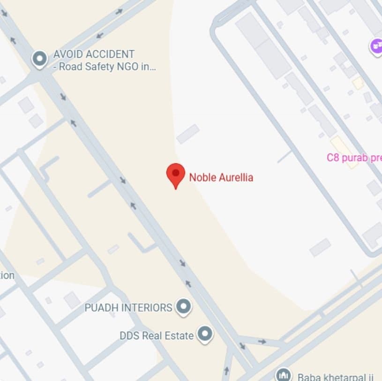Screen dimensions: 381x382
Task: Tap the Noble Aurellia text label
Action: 221,177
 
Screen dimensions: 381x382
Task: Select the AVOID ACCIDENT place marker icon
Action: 39,60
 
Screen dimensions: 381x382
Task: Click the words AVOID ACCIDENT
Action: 94,54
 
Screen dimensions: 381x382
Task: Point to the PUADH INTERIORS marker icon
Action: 183,307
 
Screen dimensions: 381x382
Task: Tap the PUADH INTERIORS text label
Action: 128,308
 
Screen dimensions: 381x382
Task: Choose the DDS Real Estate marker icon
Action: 204,335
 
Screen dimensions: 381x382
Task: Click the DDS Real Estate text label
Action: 157,335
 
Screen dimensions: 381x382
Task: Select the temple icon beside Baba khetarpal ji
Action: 283,375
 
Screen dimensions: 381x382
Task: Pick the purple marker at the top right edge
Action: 376,46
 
